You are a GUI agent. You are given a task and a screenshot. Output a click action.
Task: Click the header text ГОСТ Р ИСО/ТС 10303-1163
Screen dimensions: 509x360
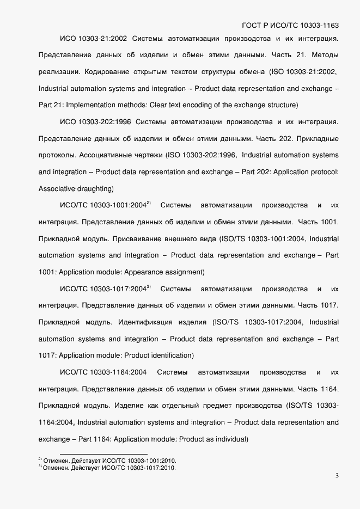pyautogui.click(x=289, y=25)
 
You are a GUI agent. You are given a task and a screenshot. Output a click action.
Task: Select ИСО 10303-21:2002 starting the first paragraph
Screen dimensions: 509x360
pyautogui.click(x=93, y=39)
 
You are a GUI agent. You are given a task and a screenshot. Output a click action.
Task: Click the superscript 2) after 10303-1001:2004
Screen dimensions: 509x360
pyautogui.click(x=149, y=204)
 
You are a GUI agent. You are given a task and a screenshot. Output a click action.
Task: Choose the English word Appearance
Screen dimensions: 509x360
pyautogui.click(x=149, y=272)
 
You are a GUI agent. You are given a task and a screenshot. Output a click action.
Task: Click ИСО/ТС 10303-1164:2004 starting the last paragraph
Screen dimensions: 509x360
pyautogui.click(x=103, y=372)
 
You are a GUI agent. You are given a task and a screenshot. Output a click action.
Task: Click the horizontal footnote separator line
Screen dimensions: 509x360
pyautogui.click(x=103, y=454)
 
